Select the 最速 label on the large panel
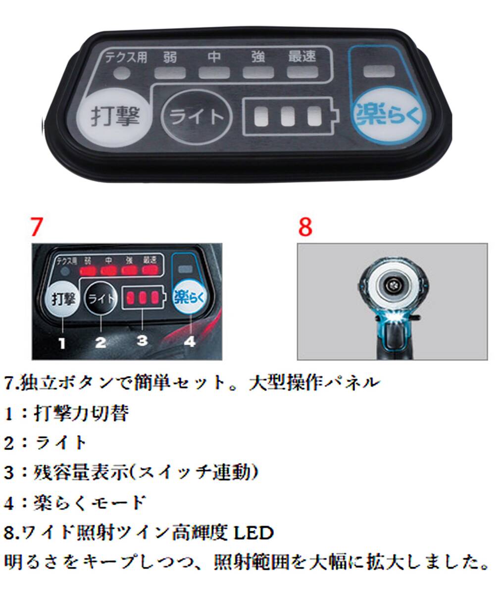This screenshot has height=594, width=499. point(302,56)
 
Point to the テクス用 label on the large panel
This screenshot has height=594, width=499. point(126,57)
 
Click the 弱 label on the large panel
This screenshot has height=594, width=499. point(170,56)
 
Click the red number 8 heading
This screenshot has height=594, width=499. point(305,227)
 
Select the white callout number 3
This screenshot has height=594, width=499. point(143,341)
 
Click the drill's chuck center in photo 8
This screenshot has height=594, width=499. point(392,286)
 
